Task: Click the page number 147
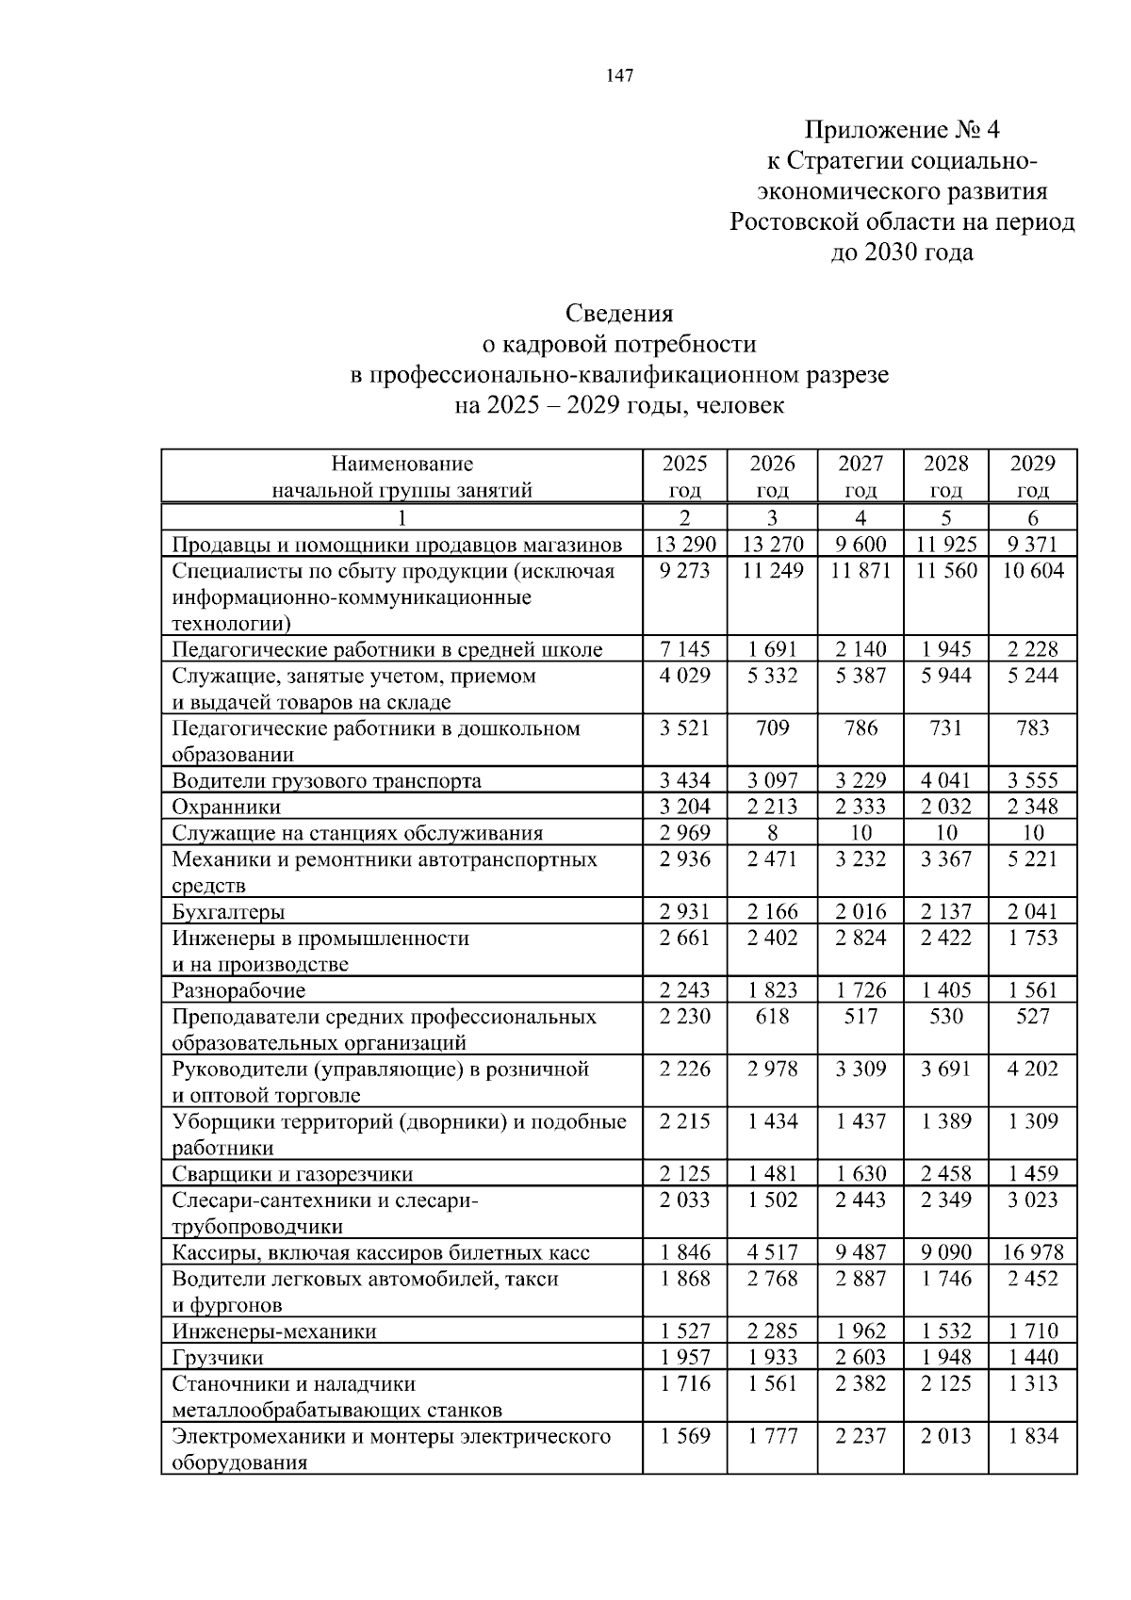click(619, 77)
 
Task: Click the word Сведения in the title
click(619, 313)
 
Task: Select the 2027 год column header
click(861, 476)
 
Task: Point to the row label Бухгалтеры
click(228, 911)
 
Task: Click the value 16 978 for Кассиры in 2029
click(1033, 1252)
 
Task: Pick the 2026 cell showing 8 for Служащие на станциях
click(772, 833)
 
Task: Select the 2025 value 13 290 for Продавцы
click(685, 544)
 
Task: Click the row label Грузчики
click(218, 1358)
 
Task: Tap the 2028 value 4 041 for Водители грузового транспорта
click(946, 780)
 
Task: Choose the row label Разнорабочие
click(238, 990)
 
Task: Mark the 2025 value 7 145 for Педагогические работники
click(685, 649)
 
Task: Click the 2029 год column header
click(1033, 476)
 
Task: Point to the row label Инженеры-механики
click(273, 1331)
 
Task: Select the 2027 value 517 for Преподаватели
click(861, 1017)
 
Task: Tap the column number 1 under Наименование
click(402, 517)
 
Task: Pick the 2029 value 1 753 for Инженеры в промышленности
click(1033, 938)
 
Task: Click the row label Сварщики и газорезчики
click(292, 1174)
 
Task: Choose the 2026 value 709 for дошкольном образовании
click(772, 727)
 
